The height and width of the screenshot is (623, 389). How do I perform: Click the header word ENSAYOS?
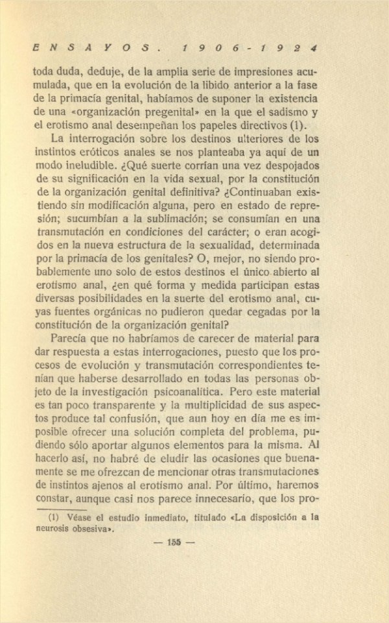[91, 49]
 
